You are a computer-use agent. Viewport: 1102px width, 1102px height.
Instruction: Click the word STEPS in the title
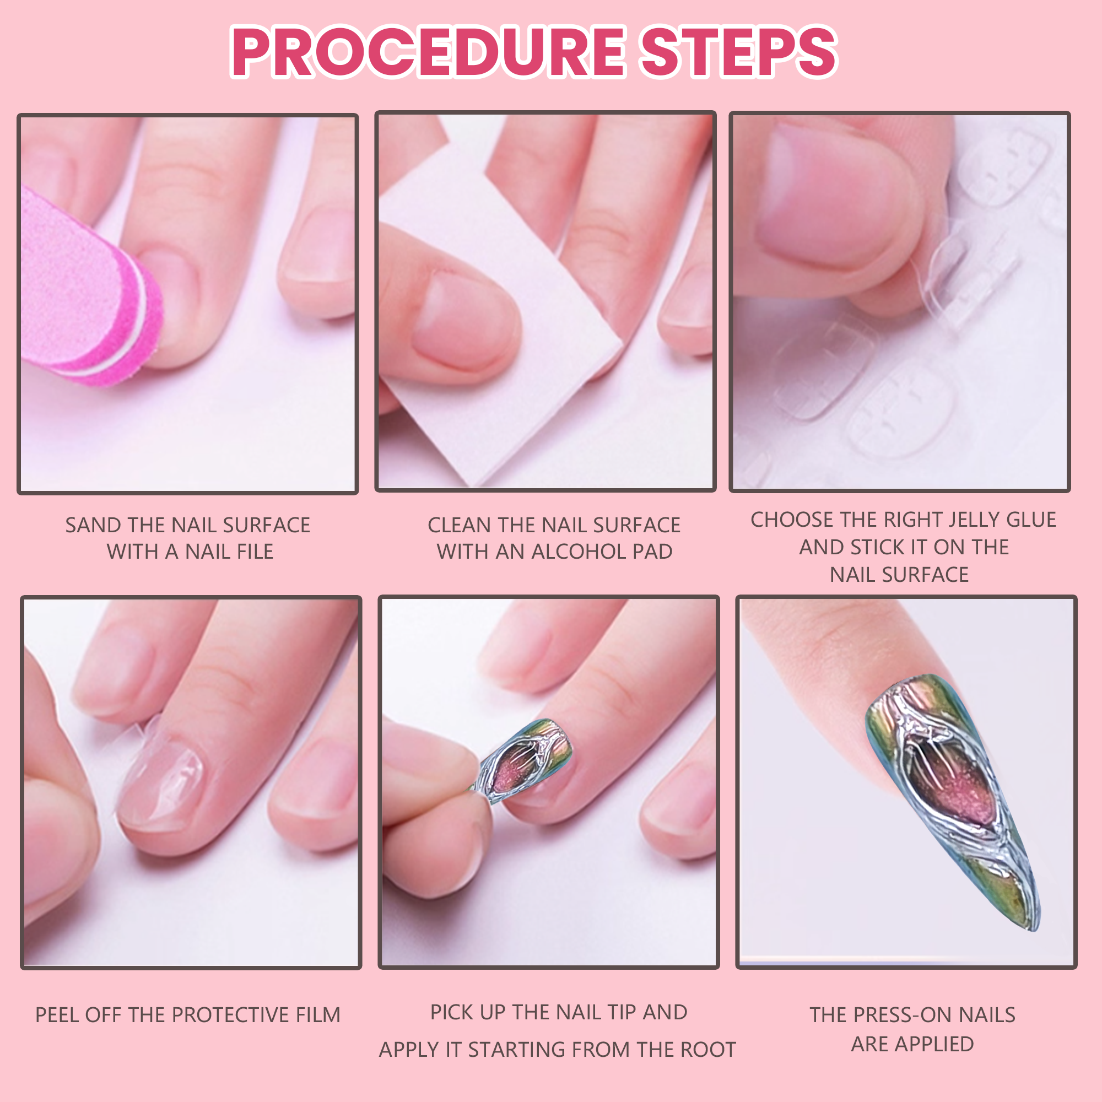pos(739,52)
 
